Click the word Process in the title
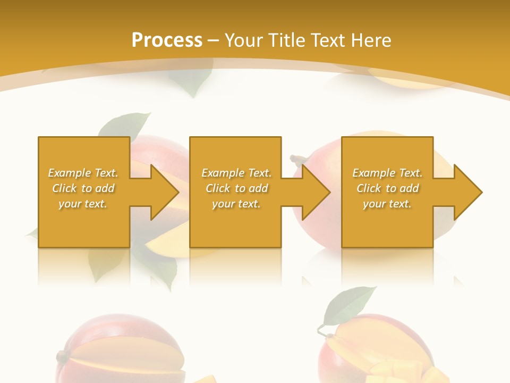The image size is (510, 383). click(167, 40)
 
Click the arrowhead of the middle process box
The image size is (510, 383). click(315, 192)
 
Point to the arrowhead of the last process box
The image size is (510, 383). click(467, 192)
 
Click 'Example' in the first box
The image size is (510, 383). click(70, 173)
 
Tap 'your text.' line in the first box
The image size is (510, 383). click(83, 204)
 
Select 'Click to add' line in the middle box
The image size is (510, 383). click(236, 188)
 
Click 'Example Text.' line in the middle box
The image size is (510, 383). click(236, 173)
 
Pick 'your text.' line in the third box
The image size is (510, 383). click(387, 204)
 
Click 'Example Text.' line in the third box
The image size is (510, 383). click(387, 173)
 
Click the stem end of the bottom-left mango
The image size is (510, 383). click(62, 355)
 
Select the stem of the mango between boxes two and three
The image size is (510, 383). click(298, 159)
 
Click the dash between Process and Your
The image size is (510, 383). click(213, 41)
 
